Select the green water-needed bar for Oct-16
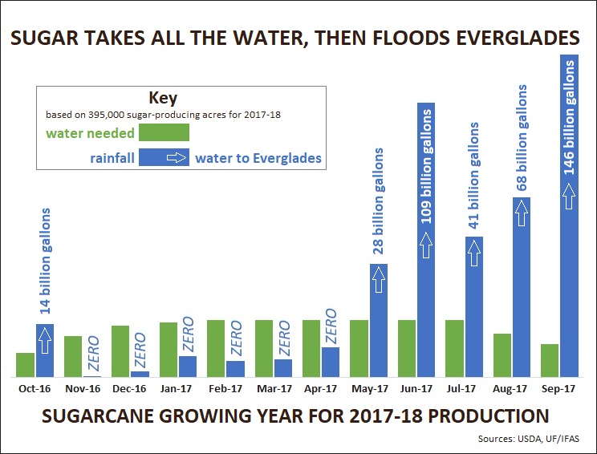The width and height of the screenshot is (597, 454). click(x=26, y=365)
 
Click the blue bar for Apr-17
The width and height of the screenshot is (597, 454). click(x=331, y=362)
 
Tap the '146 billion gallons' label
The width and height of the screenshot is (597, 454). click(x=569, y=121)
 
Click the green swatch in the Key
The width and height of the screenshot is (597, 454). click(x=163, y=132)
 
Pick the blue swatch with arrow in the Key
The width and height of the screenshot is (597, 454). click(x=163, y=157)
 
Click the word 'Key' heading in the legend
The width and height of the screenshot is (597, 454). click(x=163, y=98)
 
